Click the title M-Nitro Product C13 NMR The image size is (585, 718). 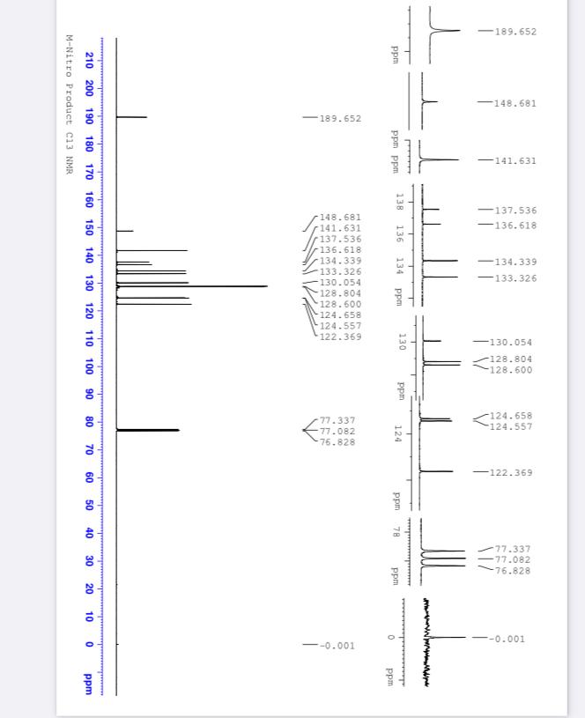[70, 105]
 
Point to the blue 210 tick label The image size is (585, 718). [89, 61]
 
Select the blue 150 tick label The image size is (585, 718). [89, 227]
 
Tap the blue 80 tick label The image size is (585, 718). [89, 422]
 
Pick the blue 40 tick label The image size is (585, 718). [89, 533]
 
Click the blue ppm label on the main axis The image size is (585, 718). [89, 684]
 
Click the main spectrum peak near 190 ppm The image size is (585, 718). [131, 117]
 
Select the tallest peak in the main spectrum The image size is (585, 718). [192, 286]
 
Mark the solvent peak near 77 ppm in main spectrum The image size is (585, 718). [147, 430]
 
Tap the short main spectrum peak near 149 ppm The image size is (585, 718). [124, 231]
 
